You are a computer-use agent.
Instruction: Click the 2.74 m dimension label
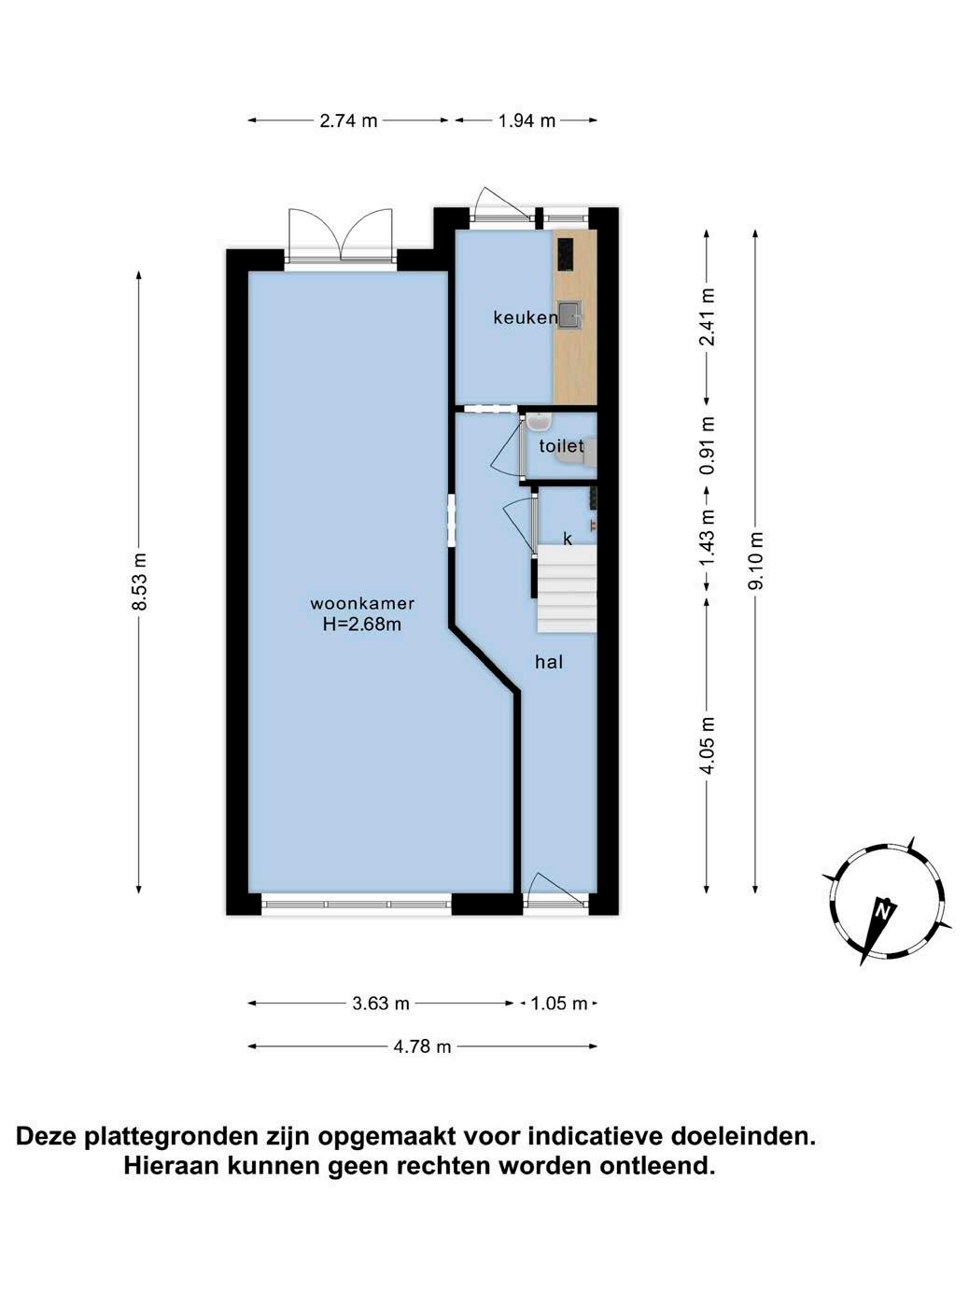pyautogui.click(x=348, y=120)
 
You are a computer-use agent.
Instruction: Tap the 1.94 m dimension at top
pyautogui.click(x=527, y=120)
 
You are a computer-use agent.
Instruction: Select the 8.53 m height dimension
pyautogui.click(x=139, y=582)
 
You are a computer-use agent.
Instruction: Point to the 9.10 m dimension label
pyautogui.click(x=756, y=560)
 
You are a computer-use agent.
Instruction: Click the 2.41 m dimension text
pyautogui.click(x=708, y=316)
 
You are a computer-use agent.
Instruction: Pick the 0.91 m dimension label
pyautogui.click(x=708, y=445)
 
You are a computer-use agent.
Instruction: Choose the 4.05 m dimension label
pyautogui.click(x=708, y=745)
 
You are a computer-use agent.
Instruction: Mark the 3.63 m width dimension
pyautogui.click(x=381, y=1003)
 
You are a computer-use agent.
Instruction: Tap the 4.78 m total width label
pyautogui.click(x=422, y=1046)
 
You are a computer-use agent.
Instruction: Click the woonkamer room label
pyautogui.click(x=362, y=603)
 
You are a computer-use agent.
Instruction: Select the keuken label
pyautogui.click(x=526, y=317)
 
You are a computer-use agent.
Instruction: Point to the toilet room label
pyautogui.click(x=561, y=445)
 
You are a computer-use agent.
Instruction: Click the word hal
pyautogui.click(x=549, y=662)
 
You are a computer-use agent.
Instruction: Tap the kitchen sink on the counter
pyautogui.click(x=570, y=313)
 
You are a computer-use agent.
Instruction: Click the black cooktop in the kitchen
pyautogui.click(x=566, y=254)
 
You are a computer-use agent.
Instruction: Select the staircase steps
pyautogui.click(x=568, y=588)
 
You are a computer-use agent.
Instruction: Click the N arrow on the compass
pyautogui.click(x=878, y=930)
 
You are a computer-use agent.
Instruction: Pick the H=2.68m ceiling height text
pyautogui.click(x=362, y=624)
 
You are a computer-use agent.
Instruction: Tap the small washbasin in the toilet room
pyautogui.click(x=539, y=421)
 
